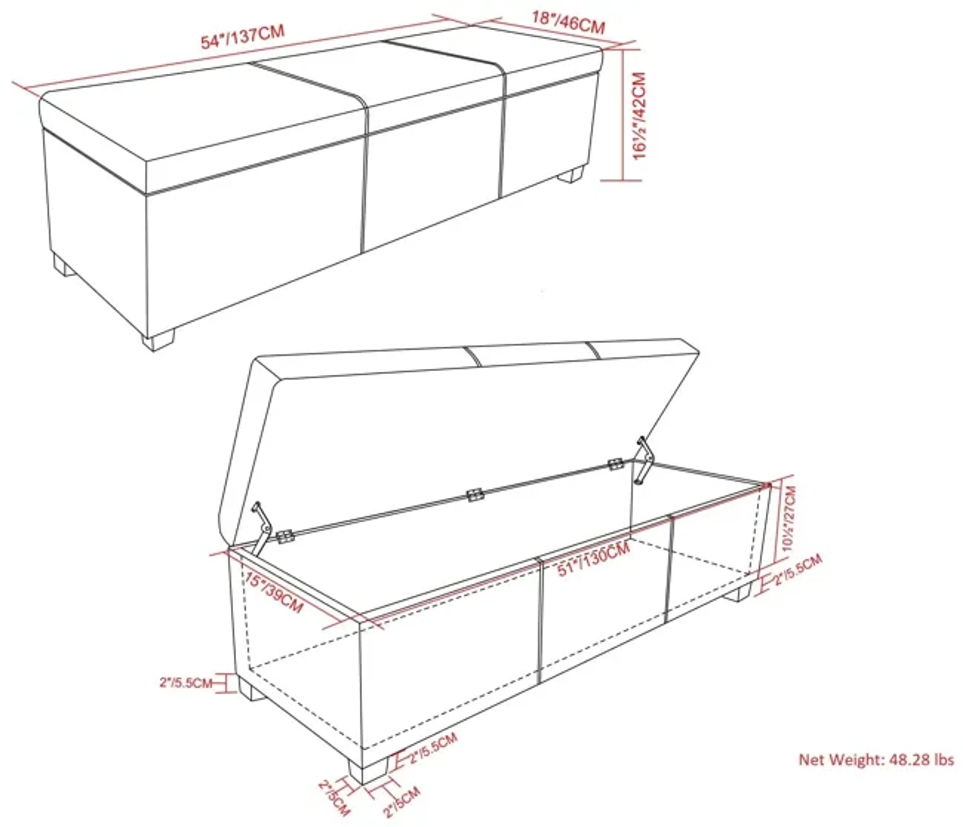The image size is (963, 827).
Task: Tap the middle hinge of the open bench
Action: coord(474,495)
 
